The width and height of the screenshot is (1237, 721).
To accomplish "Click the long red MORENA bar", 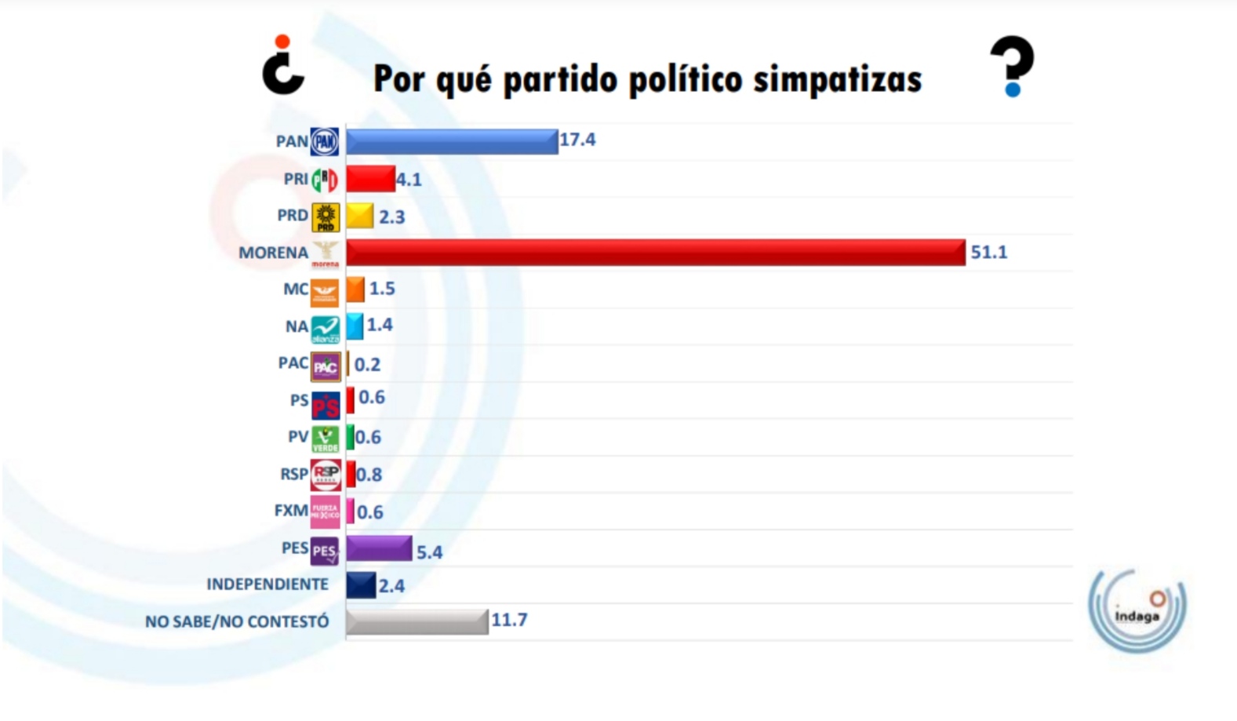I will [655, 253].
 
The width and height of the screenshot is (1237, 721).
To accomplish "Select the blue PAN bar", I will [452, 141].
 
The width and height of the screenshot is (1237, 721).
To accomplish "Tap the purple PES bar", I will [379, 548].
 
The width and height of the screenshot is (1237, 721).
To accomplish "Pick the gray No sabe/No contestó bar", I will [417, 621].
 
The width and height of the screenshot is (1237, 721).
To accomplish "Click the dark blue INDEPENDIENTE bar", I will [361, 585].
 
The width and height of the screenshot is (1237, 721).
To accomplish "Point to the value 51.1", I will [988, 253].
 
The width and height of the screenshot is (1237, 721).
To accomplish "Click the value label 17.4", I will [577, 140].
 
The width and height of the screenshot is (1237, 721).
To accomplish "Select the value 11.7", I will [509, 620].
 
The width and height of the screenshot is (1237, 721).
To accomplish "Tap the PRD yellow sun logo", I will [326, 217].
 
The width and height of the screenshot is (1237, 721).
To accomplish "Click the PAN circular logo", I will [325, 142].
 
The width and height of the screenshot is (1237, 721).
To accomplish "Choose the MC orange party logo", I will [325, 291].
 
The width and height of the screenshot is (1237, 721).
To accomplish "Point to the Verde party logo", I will [325, 439].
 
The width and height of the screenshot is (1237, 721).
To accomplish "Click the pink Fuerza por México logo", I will [325, 512].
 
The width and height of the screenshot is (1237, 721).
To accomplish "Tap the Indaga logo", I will [1137, 610].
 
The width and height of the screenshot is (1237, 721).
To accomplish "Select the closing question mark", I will [1012, 66].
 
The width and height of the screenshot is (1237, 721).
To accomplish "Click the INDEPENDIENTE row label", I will [267, 584].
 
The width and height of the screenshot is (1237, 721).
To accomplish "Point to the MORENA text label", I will [273, 253].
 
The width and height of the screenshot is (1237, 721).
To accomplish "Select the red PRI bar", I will [370, 179].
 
